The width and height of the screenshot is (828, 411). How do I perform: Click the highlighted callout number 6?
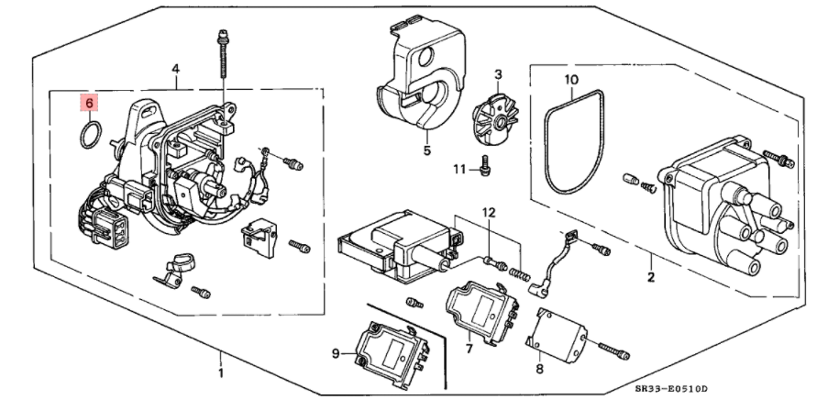click(89, 103)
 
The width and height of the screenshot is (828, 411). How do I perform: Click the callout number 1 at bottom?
click(220, 374)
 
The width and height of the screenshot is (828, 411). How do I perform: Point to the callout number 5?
click(426, 150)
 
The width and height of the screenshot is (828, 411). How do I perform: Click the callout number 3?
click(498, 74)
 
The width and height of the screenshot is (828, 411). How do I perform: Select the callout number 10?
click(570, 80)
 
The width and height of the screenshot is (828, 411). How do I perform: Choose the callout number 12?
click(490, 213)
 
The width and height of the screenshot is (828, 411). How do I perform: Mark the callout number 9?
click(336, 352)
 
